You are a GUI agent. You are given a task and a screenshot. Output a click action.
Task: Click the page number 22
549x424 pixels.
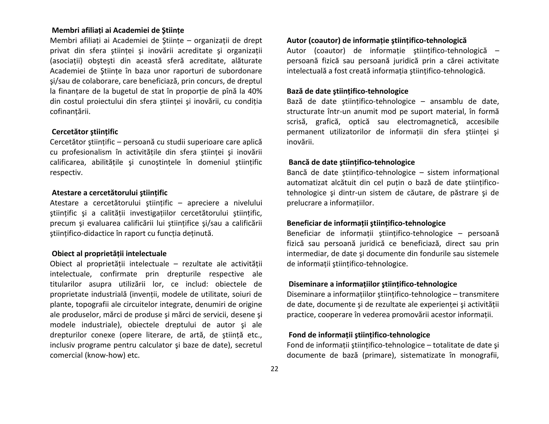coord(274,369)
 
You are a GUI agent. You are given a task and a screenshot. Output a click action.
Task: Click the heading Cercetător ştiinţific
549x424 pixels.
coord(85,132)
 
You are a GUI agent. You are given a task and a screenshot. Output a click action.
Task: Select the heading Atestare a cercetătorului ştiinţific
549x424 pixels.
coord(109,193)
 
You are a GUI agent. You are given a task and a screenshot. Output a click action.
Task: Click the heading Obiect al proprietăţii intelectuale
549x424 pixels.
coord(109,254)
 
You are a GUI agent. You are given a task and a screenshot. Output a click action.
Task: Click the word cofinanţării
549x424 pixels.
coord(70,111)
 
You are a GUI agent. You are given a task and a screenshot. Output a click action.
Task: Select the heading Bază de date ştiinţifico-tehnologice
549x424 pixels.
coord(347,91)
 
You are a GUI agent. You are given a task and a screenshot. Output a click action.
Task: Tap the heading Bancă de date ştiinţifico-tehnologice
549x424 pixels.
coord(351,162)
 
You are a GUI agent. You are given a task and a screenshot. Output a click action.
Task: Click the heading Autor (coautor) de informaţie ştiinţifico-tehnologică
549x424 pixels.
coord(377,40)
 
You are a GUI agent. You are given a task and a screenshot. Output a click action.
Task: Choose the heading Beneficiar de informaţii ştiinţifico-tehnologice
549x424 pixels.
coord(366,223)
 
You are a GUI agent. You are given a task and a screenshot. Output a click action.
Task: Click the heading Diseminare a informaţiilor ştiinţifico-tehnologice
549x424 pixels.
coord(373,284)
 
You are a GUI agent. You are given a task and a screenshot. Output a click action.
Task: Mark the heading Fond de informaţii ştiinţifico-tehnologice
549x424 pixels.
coord(359,335)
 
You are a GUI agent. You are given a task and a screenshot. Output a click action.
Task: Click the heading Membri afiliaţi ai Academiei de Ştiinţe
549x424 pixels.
coord(118,30)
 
